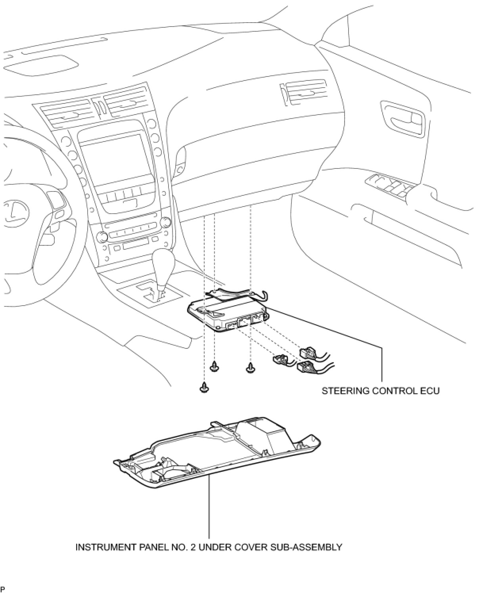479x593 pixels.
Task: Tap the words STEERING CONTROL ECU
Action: coord(380,391)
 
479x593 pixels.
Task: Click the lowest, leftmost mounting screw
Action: coord(205,388)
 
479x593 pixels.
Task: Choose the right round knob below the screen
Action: coord(166,222)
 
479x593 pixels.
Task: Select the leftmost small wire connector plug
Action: coord(279,359)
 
